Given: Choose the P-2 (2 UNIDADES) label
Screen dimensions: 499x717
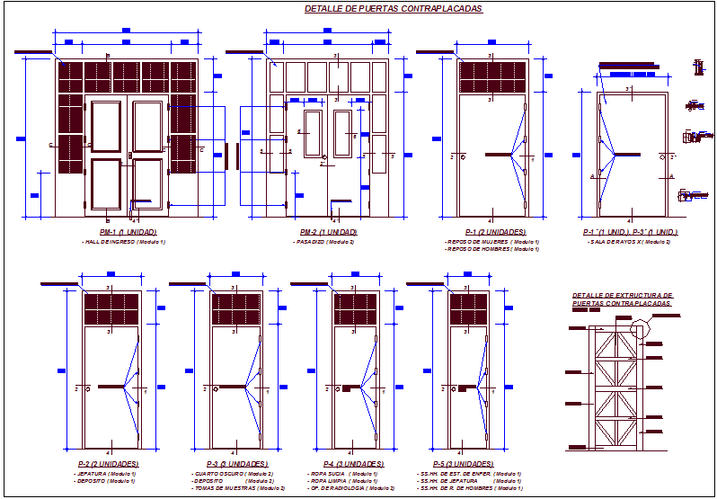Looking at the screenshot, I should (x=108, y=463).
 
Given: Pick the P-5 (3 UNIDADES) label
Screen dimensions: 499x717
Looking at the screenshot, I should (x=462, y=463).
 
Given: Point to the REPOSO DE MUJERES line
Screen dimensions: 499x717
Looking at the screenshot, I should (x=491, y=242).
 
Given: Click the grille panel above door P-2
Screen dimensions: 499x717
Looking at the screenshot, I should (x=111, y=309).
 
